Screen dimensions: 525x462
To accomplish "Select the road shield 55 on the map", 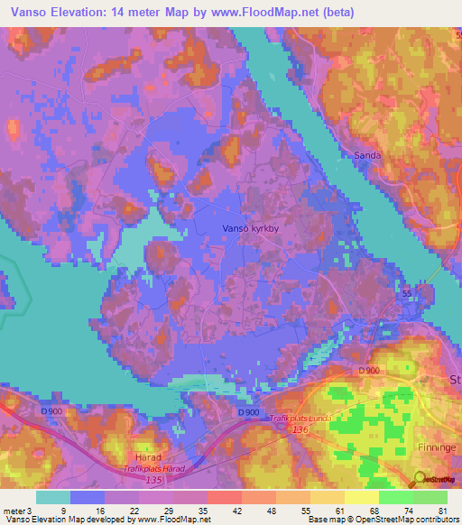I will point(407,294).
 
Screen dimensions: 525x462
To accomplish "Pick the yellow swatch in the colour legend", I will point(361,497).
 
